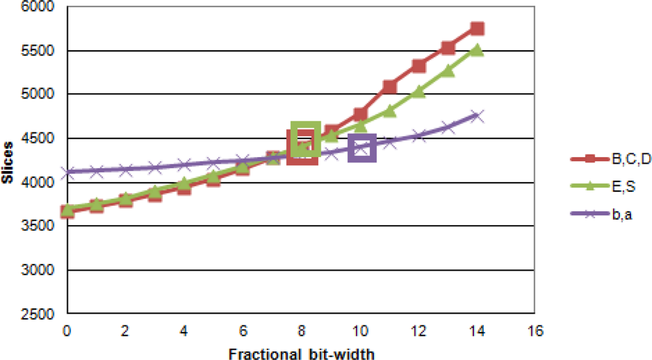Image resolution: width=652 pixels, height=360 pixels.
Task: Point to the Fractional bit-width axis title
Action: click(x=301, y=352)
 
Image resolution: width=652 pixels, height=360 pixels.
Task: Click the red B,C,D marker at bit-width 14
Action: click(x=477, y=29)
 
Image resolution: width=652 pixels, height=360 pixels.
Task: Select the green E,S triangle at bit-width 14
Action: click(x=477, y=50)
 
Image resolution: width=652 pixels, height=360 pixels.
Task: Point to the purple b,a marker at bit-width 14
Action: click(x=477, y=116)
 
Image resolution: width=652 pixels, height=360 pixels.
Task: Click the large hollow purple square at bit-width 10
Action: click(x=362, y=149)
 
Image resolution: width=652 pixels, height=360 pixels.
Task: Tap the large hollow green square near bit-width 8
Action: click(x=305, y=138)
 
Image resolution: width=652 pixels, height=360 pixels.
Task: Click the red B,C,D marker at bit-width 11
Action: click(x=389, y=87)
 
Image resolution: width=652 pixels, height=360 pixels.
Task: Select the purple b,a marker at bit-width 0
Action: click(x=67, y=172)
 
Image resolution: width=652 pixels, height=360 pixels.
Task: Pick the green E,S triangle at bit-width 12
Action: click(x=418, y=92)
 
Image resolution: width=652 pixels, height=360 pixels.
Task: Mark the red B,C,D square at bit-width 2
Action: click(x=125, y=200)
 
